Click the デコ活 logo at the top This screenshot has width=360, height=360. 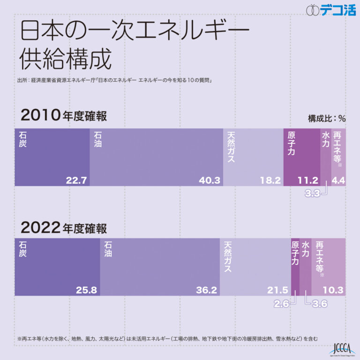coord(331,10)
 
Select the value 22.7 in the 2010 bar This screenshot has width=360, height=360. coord(76,180)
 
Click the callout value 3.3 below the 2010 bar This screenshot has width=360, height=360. coord(312,193)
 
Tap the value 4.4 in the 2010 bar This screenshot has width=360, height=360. coord(338,180)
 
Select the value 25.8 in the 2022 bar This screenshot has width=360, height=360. coord(86,290)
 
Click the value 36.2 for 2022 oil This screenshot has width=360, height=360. coord(206,290)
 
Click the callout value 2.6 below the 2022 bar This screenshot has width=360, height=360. coord(282,304)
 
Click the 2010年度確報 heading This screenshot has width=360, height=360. coord(64,115)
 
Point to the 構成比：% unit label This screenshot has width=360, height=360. coord(326,119)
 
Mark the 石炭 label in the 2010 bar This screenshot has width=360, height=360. coord(23,139)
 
